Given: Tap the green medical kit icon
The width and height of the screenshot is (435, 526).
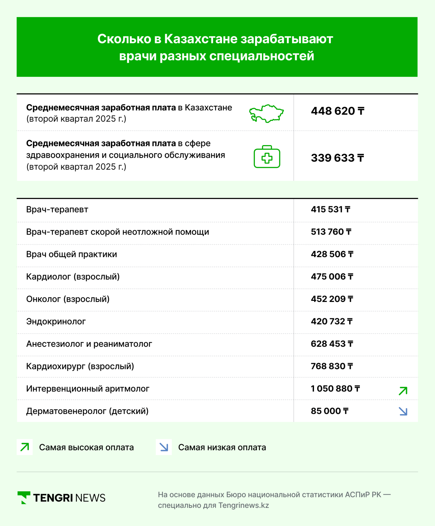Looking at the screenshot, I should (267, 157).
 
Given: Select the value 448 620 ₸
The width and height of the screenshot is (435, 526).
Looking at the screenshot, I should (337, 111).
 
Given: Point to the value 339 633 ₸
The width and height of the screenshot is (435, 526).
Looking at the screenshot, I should (337, 158).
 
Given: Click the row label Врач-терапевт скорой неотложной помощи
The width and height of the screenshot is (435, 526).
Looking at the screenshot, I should (117, 232).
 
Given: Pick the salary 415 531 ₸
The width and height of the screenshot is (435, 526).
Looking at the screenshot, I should (330, 209).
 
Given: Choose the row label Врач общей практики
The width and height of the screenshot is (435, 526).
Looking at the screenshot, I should (72, 254).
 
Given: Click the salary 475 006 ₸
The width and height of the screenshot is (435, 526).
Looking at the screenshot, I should (332, 277).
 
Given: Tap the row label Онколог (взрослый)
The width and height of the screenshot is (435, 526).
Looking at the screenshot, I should (68, 299).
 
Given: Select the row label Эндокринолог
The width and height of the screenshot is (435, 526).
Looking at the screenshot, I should (56, 321).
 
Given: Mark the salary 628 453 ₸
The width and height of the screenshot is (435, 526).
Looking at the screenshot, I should (332, 344).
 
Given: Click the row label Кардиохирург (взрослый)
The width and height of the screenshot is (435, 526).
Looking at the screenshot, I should (80, 366).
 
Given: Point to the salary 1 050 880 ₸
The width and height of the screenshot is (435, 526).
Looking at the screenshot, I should (335, 388).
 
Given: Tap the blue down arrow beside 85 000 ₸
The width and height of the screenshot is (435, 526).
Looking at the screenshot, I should (403, 411).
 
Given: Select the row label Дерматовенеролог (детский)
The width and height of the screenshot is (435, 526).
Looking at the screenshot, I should (87, 411).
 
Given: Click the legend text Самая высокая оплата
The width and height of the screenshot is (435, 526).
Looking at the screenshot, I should (86, 447).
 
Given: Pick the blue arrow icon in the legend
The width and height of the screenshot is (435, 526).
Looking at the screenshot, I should (164, 447).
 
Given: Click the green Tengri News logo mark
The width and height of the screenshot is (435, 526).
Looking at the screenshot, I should (24, 497).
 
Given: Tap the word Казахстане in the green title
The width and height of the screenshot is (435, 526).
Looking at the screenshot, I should (201, 39).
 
